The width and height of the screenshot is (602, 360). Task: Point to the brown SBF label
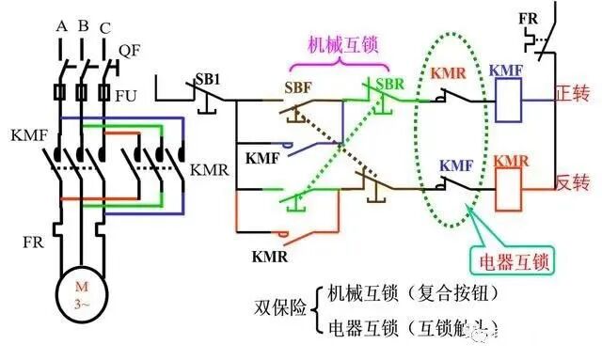[296, 86]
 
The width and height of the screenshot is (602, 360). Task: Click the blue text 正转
[570, 94]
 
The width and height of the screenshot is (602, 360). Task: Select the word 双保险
[279, 307]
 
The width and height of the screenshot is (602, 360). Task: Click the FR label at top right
[531, 17]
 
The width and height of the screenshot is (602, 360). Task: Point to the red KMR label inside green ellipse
[450, 70]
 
